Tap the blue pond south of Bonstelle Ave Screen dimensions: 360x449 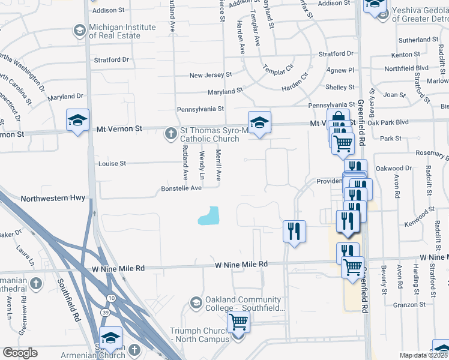pyautogui.click(x=208, y=215)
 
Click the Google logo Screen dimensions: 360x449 pyautogui.click(x=20, y=353)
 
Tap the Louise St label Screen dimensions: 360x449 pyautogui.click(x=112, y=163)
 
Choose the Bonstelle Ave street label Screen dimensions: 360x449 pyautogui.click(x=181, y=188)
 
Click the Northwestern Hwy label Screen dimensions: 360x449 pyautogui.click(x=53, y=197)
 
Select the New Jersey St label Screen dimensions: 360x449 pyautogui.click(x=211, y=75)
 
